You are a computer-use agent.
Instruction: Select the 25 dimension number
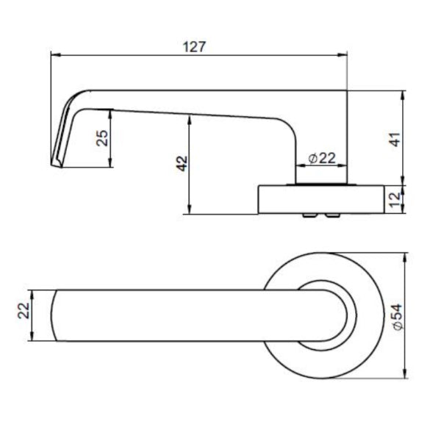pyautogui.click(x=103, y=138)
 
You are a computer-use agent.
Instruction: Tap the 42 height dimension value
pyautogui.click(x=182, y=164)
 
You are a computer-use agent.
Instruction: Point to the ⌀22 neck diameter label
pyautogui.click(x=321, y=158)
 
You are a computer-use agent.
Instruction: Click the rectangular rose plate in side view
pyautogui.click(x=320, y=198)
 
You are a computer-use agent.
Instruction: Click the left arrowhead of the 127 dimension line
pyautogui.click(x=54, y=55)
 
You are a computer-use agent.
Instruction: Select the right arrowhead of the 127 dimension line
pyautogui.click(x=344, y=55)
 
